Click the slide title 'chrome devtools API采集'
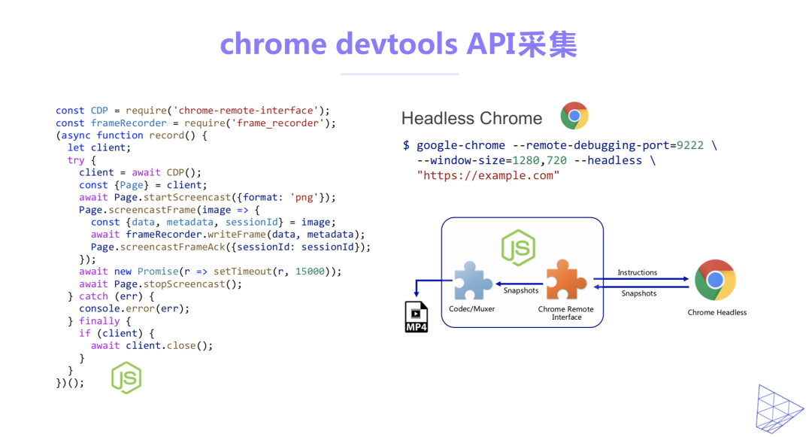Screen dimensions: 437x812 tap(398, 44)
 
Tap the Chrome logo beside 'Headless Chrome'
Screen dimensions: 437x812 tap(574, 117)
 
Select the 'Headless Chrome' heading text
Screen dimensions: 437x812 tap(471, 118)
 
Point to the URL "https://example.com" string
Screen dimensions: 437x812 tap(488, 175)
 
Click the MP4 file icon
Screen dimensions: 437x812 tap(417, 317)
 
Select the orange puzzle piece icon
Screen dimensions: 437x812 tap(566, 280)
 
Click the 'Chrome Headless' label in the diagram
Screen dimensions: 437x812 tap(717, 312)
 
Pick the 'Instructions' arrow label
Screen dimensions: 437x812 tap(638, 272)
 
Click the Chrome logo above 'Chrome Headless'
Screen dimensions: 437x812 tap(715, 280)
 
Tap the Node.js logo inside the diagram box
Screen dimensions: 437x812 tap(518, 247)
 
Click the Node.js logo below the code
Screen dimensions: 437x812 tap(126, 378)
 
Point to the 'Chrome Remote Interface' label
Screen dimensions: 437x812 tap(566, 313)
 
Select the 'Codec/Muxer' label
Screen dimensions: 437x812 tap(471, 308)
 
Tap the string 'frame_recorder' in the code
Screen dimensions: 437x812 tap(280, 123)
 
